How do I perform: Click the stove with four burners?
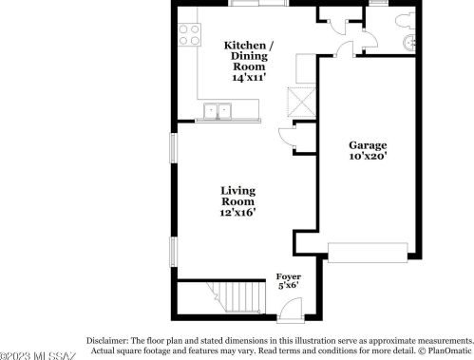(x=188, y=35)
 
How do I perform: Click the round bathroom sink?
(x=411, y=43)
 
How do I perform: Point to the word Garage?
(x=367, y=145)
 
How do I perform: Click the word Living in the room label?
(x=237, y=190)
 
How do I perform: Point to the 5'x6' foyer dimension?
(x=288, y=284)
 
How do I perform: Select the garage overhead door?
(x=368, y=251)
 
